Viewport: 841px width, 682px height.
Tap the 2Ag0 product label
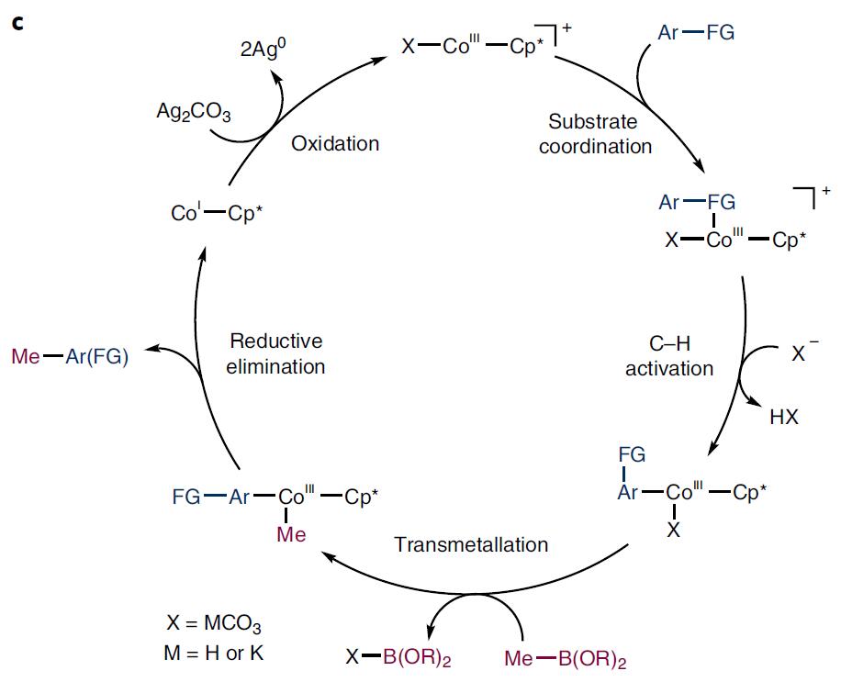coord(264,49)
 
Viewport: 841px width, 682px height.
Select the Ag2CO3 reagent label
coord(194,113)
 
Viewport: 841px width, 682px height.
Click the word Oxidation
coord(335,143)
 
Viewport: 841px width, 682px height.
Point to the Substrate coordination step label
coord(595,133)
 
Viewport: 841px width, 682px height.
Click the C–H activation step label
coord(668,355)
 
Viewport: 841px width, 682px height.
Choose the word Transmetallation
coord(471,544)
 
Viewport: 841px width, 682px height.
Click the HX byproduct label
coord(784,417)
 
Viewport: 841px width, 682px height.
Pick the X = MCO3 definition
coord(214,625)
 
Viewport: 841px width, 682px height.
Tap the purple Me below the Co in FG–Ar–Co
coord(291,534)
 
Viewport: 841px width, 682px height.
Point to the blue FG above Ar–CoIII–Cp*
coord(632,454)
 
